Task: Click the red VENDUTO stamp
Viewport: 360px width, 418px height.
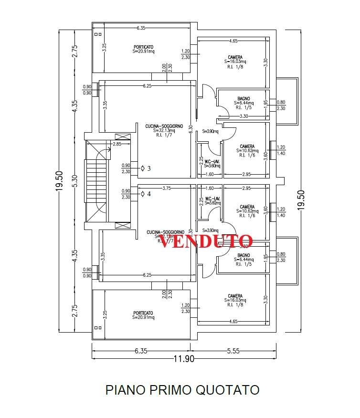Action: (x=205, y=241)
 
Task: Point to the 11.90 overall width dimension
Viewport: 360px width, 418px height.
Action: (x=183, y=359)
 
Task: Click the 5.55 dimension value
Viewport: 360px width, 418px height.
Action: (x=233, y=351)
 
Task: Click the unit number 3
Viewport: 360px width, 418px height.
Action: (x=149, y=168)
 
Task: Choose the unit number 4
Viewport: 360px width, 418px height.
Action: (x=149, y=194)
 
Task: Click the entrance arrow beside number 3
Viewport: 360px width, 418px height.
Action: (x=143, y=168)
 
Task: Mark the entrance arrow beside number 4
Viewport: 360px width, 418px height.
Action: (x=143, y=194)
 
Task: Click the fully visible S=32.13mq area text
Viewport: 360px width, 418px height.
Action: (x=164, y=130)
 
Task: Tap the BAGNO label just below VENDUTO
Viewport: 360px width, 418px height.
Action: (x=244, y=255)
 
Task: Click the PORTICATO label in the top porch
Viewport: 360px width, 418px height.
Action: (x=143, y=47)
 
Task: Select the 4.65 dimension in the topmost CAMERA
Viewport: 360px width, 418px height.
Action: (x=233, y=42)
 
